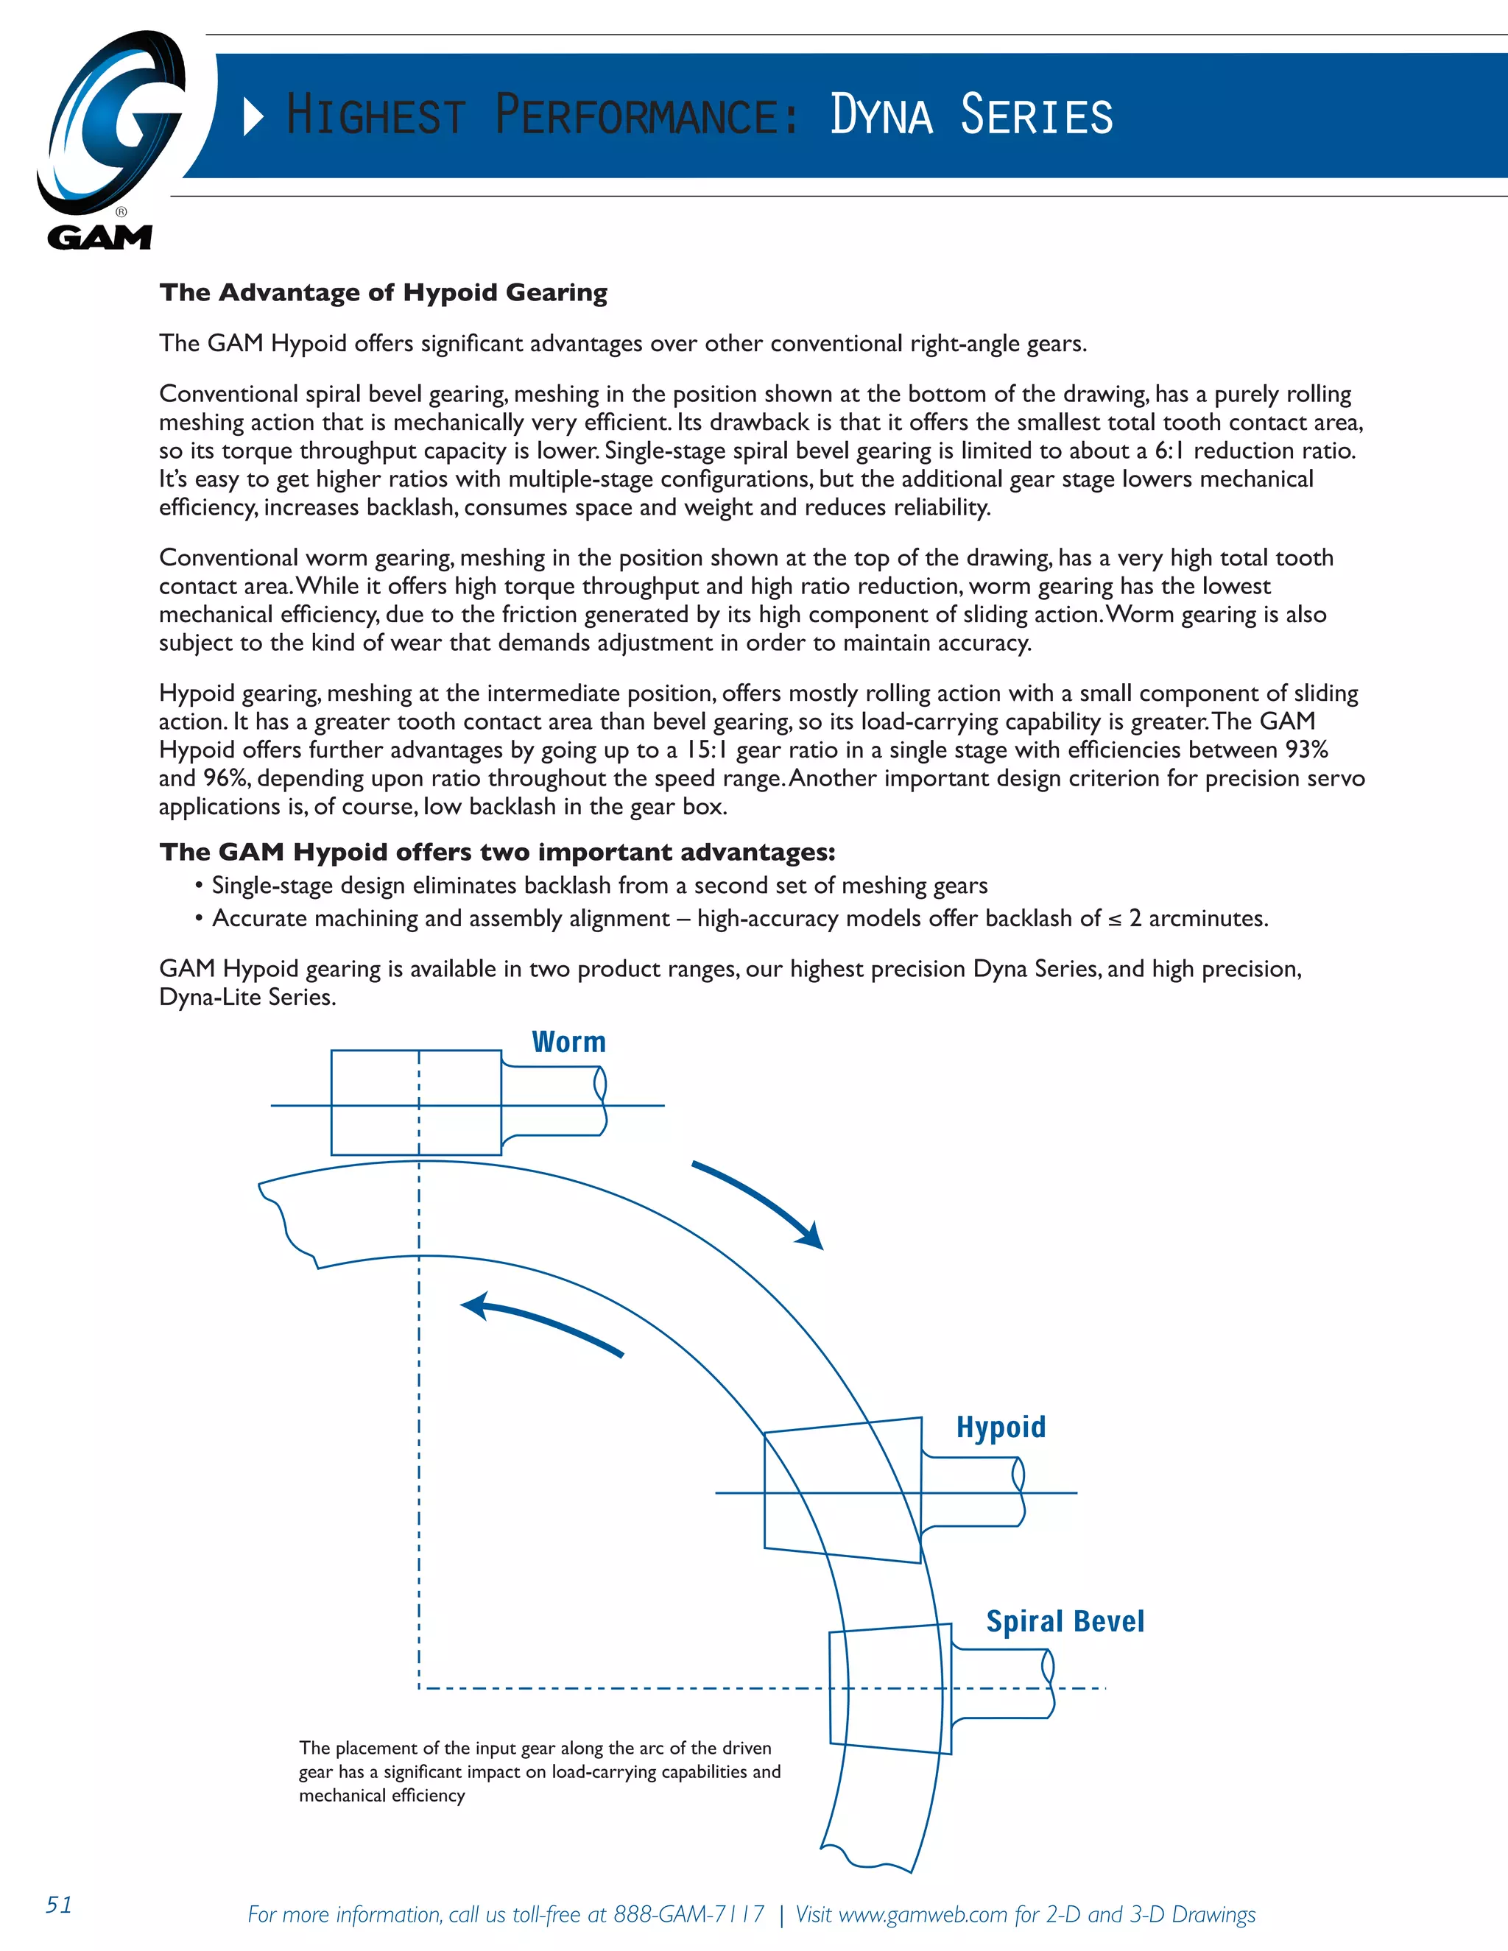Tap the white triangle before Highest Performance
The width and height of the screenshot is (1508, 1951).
point(254,117)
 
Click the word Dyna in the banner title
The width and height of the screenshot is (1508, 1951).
point(881,116)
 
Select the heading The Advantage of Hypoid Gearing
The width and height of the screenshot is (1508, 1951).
point(383,292)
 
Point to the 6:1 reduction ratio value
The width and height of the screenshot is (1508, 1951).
point(1170,451)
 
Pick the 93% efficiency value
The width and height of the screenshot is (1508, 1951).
point(1306,749)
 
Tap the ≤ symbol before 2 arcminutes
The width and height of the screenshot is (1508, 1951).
point(1113,920)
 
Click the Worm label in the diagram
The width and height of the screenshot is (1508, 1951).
point(568,1042)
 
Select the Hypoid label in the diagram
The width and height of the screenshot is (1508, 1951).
point(1001,1427)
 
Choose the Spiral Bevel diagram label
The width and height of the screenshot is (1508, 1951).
point(1064,1620)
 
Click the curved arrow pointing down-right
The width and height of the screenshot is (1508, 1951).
point(759,1202)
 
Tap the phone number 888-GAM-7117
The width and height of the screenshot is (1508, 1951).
point(688,1914)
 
